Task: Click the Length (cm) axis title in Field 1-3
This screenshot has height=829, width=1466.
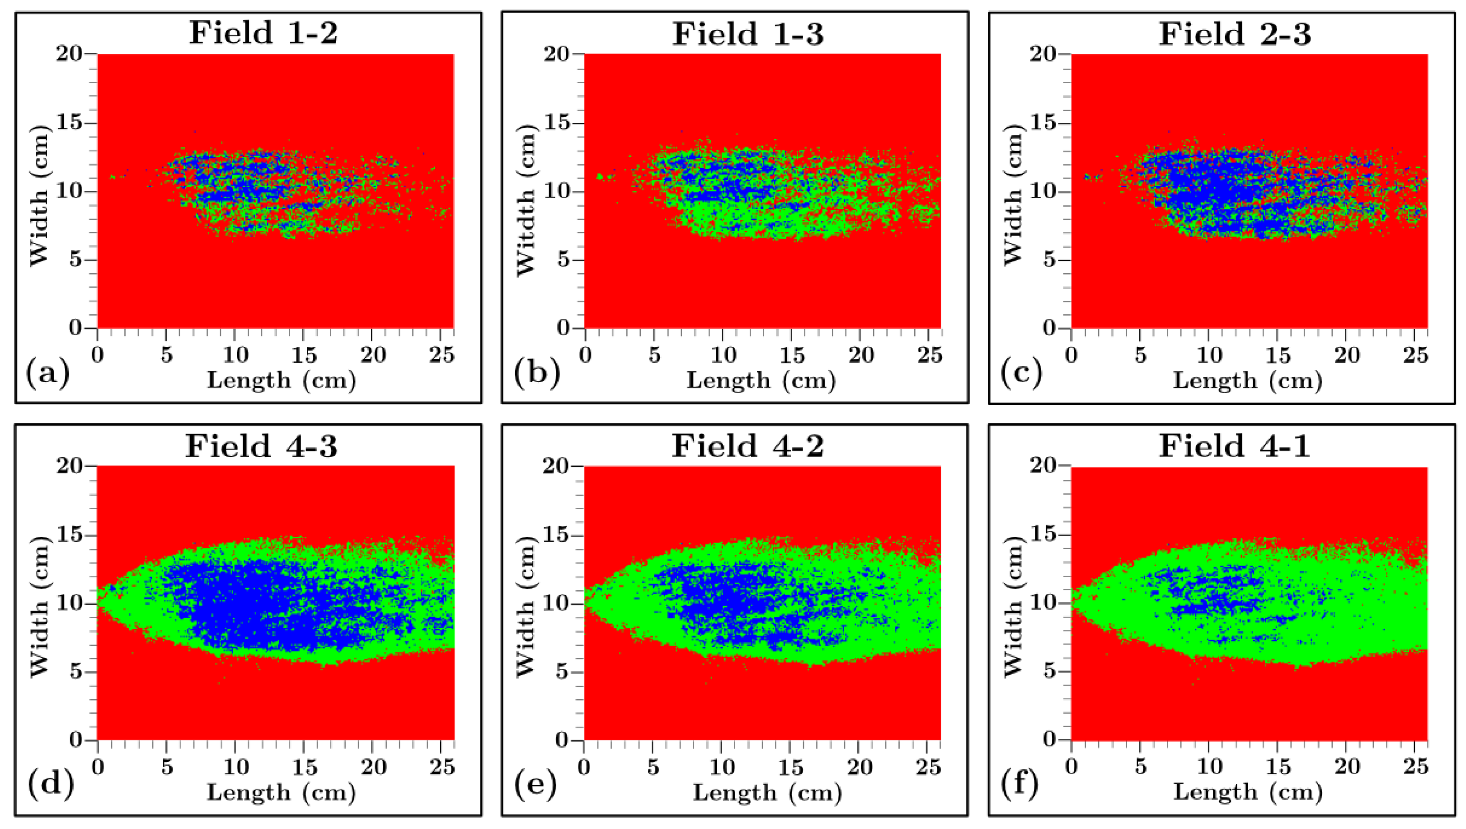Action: [x=761, y=380]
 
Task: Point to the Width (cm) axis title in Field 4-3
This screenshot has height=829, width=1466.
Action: [x=39, y=603]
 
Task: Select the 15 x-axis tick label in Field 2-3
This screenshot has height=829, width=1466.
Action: [x=1278, y=355]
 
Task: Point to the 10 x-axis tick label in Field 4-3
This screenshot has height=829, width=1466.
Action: [x=235, y=767]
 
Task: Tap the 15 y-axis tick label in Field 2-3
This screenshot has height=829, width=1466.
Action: [x=1043, y=123]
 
